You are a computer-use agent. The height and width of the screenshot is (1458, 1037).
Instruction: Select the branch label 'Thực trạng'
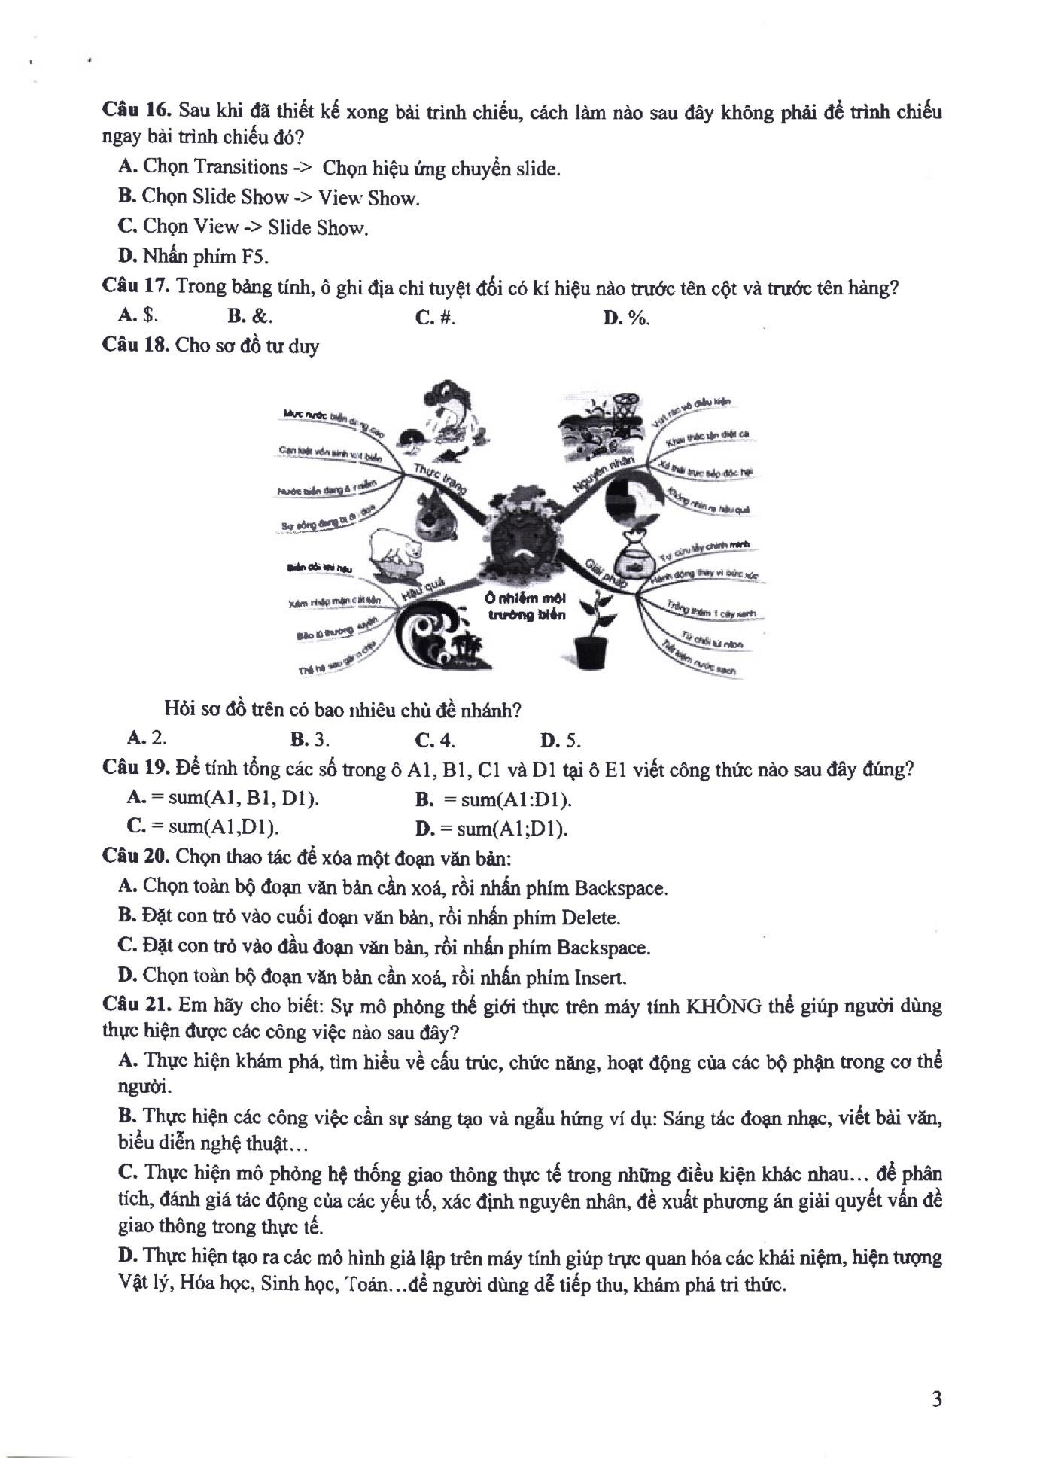tap(439, 479)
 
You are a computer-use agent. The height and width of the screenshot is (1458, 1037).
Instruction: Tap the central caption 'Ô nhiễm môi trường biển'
tap(525, 607)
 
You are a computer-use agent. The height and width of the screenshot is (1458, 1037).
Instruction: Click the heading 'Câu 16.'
tap(138, 111)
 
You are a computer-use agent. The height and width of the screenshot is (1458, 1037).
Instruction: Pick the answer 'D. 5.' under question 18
tap(561, 741)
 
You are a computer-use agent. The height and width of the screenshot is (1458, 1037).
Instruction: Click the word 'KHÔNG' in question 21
tap(723, 1006)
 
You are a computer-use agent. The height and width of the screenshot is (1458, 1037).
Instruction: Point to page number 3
tap(936, 1399)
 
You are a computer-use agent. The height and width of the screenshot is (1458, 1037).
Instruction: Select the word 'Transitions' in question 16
tap(241, 167)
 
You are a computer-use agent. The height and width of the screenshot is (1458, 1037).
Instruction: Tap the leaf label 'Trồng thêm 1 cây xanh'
tap(712, 610)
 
